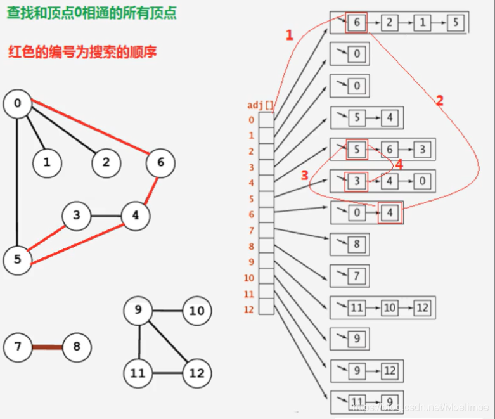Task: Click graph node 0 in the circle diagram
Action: click(17, 104)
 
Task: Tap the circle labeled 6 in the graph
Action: click(160, 163)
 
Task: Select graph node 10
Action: click(196, 311)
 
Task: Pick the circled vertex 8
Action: click(77, 347)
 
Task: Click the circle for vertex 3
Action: click(77, 216)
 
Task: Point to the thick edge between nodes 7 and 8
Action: click(47, 347)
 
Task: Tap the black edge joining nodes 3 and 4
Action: click(106, 216)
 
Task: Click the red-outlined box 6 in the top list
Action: click(356, 23)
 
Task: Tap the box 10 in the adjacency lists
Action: click(389, 307)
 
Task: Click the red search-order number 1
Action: click(290, 35)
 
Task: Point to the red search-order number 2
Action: click(439, 100)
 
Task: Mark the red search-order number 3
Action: click(305, 175)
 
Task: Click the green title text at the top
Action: click(91, 11)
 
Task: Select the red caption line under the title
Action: click(82, 51)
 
